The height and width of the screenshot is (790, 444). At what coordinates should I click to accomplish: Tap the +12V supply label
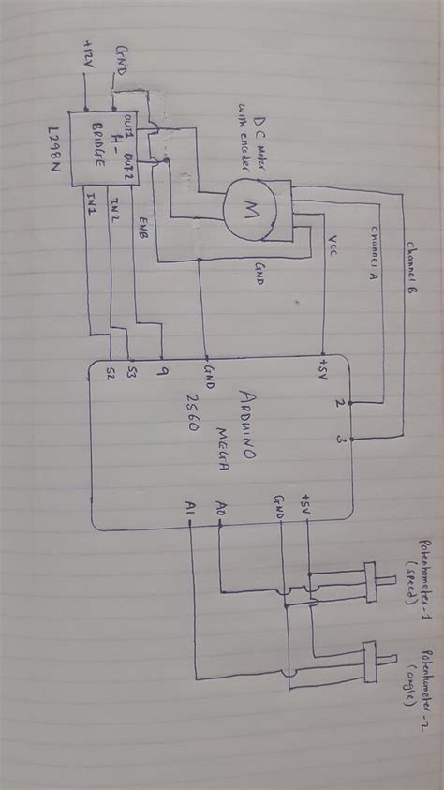click(88, 57)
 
